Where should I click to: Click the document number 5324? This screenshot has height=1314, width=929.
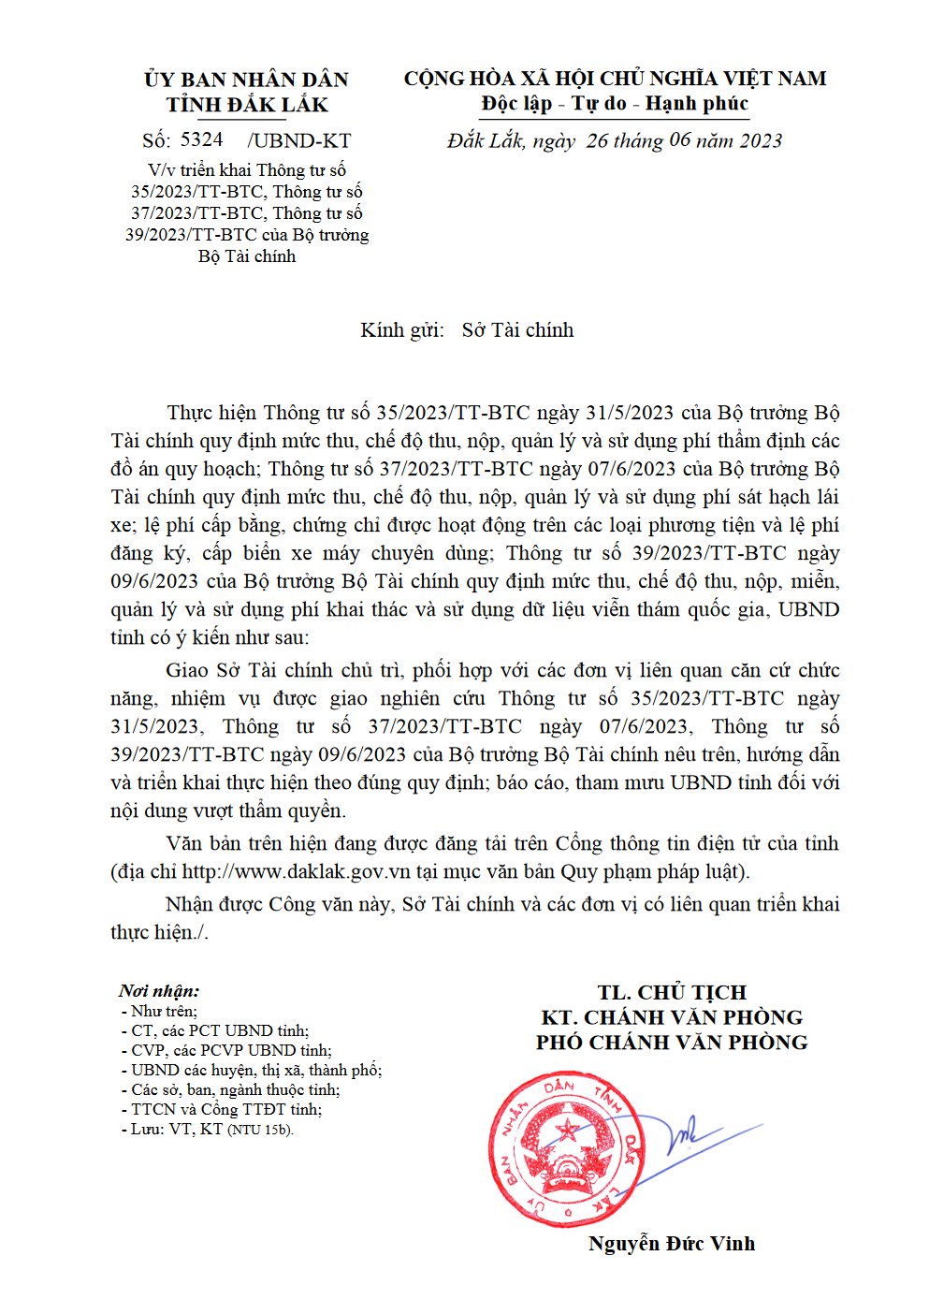coord(202,140)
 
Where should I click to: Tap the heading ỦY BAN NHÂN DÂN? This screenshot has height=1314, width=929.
coord(247,80)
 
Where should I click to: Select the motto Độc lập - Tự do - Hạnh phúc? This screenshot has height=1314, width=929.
coord(615,104)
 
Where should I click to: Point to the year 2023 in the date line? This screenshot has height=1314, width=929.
coord(761,141)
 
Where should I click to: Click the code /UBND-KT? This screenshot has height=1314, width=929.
coord(299,141)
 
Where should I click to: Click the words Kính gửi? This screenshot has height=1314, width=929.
coord(402,330)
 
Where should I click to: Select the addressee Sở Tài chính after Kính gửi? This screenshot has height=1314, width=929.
coord(517,330)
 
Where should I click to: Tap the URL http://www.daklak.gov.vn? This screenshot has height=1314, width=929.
coord(297,871)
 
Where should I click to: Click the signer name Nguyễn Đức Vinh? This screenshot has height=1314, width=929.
coord(672,1244)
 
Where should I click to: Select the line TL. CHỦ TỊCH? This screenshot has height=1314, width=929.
coord(672,992)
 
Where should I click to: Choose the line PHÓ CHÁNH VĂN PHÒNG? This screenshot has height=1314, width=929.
coord(672,1043)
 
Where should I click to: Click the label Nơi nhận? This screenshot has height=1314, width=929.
coord(159,991)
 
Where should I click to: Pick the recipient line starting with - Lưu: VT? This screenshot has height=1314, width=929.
coord(208,1130)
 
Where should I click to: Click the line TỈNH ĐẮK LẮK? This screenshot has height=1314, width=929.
coord(247,105)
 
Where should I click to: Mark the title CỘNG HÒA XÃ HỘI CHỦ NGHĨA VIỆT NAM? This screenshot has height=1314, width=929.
coord(615,79)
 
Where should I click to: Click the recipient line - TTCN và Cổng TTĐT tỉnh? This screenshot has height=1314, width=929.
coord(222,1110)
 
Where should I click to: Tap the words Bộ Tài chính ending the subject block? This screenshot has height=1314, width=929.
coord(247,256)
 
